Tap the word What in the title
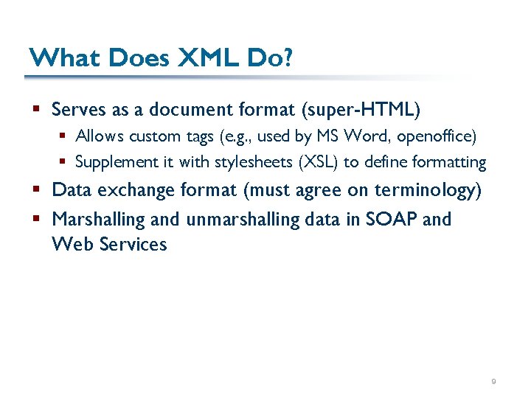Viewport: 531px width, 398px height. click(x=62, y=57)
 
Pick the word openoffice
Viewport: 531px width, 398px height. click(x=437, y=136)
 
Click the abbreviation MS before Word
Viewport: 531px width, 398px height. click(x=327, y=136)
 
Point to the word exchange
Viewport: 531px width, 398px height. click(x=134, y=190)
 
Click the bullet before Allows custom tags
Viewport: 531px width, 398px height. click(x=65, y=136)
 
